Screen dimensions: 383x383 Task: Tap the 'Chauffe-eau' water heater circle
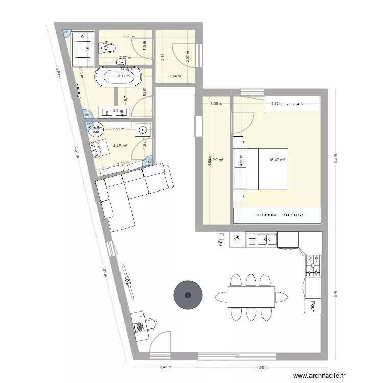pyautogui.click(x=95, y=129)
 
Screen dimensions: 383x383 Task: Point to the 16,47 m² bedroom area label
pyautogui.click(x=276, y=160)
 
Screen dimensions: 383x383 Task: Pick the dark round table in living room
pyautogui.click(x=188, y=295)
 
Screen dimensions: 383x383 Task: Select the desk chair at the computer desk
pyautogui.click(x=152, y=323)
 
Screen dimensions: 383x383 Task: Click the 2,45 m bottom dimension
pyautogui.click(x=164, y=367)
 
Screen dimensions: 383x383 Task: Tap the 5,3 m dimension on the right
pyautogui.click(x=335, y=156)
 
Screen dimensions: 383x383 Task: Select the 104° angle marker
pyautogui.click(x=88, y=115)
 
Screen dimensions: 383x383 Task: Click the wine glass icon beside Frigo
pyautogui.click(x=236, y=238)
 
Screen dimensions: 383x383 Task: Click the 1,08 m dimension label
pyautogui.click(x=217, y=104)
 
